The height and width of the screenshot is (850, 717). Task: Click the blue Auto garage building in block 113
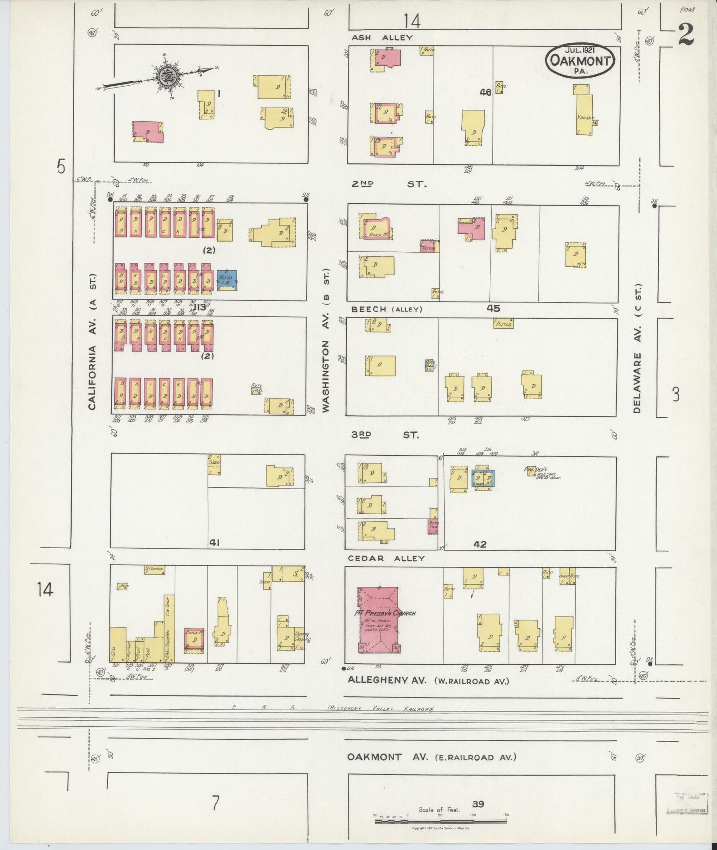pos(227,280)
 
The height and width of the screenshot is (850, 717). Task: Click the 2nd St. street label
pos(389,184)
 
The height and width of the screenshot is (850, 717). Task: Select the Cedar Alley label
pos(386,558)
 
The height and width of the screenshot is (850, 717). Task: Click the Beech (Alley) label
pos(387,309)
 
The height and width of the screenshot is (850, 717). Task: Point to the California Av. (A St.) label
pos(92,342)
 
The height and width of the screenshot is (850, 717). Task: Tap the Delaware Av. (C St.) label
pos(638,349)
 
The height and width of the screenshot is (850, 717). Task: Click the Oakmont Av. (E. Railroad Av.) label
pos(431,757)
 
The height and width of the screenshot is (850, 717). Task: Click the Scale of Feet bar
pos(440,821)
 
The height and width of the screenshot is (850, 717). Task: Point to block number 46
pos(485,92)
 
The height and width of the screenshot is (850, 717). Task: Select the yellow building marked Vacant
pos(584,110)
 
